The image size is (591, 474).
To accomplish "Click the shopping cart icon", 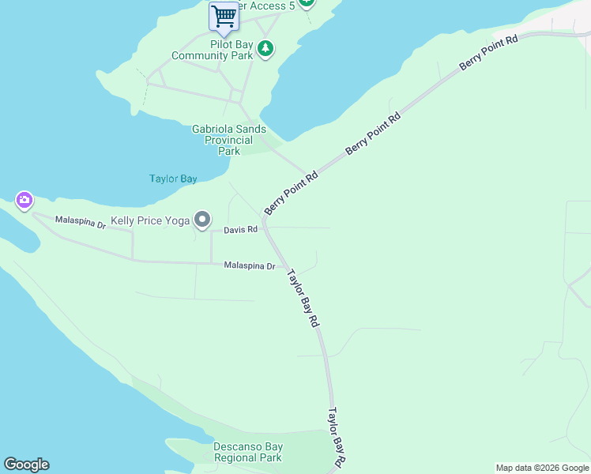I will click(x=224, y=16).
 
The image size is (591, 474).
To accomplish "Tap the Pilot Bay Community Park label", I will click(x=212, y=50).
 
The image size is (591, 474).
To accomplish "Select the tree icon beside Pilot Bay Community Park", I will click(x=267, y=50).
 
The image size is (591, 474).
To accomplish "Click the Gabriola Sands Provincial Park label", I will click(x=229, y=140).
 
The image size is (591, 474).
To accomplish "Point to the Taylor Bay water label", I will click(x=173, y=179).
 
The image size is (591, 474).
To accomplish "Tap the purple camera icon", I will click(x=24, y=201).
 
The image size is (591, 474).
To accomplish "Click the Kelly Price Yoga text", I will click(x=150, y=220).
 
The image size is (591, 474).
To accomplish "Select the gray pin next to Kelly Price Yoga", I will click(x=203, y=220).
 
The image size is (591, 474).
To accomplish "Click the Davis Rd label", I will click(x=240, y=230).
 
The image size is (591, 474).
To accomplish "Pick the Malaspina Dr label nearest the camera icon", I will click(x=80, y=224).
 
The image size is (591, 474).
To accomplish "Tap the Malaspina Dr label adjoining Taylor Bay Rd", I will click(x=249, y=266).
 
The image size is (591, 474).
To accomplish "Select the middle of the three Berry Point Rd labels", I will click(x=374, y=134).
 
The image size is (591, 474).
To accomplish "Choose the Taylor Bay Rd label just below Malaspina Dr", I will click(x=303, y=299).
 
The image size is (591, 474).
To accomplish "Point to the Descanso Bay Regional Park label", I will click(x=248, y=452).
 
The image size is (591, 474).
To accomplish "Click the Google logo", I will click(x=26, y=465).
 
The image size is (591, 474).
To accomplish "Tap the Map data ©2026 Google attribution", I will click(x=542, y=468).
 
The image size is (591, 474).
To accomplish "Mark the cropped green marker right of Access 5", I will click(x=307, y=2).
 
